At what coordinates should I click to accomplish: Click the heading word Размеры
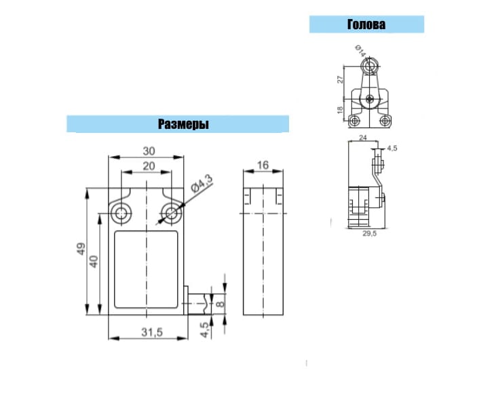(x=183, y=124)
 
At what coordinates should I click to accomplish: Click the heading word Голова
(x=366, y=24)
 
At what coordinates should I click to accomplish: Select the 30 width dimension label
(x=149, y=151)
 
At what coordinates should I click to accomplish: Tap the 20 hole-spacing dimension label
(x=149, y=166)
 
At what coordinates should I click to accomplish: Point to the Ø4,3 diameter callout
(x=202, y=184)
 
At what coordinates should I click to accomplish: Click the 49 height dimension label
(x=81, y=249)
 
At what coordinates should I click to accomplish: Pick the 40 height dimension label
(x=94, y=262)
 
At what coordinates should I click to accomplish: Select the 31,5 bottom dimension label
(x=152, y=332)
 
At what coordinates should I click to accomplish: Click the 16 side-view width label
(x=263, y=166)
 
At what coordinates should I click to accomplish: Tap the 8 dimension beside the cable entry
(x=220, y=304)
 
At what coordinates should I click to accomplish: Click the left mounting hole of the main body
(x=121, y=213)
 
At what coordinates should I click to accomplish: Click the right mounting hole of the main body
(x=171, y=213)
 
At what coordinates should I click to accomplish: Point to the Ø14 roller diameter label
(x=360, y=51)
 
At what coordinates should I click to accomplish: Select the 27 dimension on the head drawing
(x=340, y=79)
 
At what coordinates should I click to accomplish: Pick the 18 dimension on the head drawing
(x=340, y=110)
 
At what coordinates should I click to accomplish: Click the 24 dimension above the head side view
(x=362, y=138)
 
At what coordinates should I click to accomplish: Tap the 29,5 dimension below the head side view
(x=370, y=233)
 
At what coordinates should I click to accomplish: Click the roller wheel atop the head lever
(x=369, y=66)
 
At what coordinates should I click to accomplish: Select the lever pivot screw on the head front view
(x=370, y=98)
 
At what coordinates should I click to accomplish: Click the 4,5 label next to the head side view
(x=392, y=148)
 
